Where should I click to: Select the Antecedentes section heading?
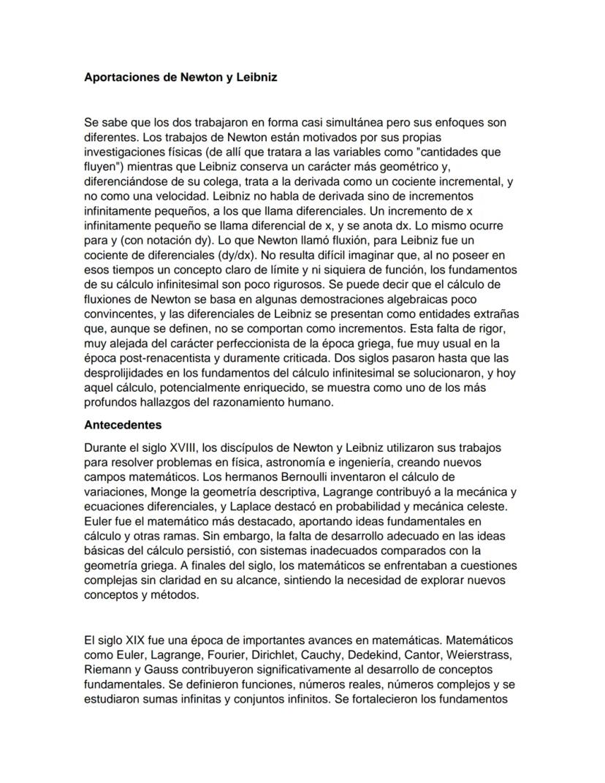click(x=123, y=424)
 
